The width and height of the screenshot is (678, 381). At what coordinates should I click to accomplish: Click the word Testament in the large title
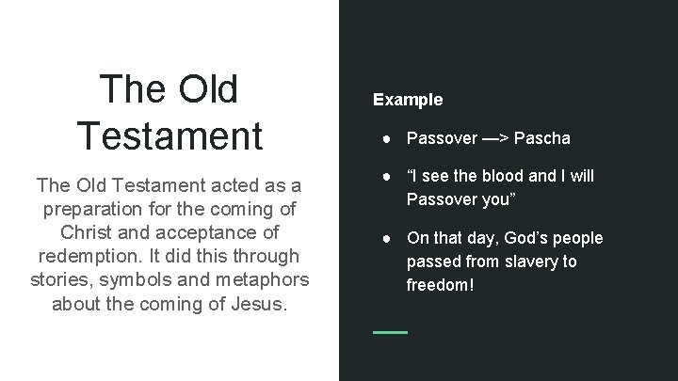[x=170, y=134]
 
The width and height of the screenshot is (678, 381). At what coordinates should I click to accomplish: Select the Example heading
[x=408, y=99]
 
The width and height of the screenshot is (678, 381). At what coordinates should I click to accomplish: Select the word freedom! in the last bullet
[x=439, y=283]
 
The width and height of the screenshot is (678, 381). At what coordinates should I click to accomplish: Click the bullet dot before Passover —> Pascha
[x=388, y=138]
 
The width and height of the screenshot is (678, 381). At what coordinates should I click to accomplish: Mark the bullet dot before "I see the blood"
[x=388, y=177]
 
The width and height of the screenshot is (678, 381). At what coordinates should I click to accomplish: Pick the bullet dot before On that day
[x=388, y=238]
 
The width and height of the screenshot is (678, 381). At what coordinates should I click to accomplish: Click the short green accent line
[x=390, y=332]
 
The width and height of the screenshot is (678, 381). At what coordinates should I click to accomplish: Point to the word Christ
[x=86, y=231]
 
